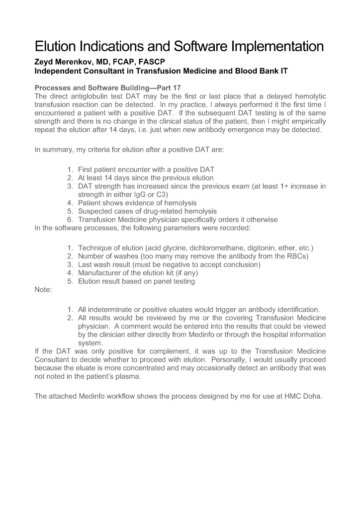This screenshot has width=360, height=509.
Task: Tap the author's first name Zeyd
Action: pyautogui.click(x=44, y=62)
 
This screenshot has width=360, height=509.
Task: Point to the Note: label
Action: pyautogui.click(x=43, y=290)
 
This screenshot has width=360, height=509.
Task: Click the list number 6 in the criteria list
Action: pyautogui.click(x=70, y=219)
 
